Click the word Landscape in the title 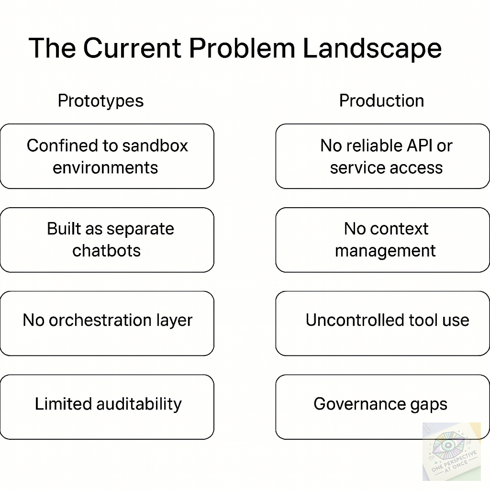pyautogui.click(x=372, y=48)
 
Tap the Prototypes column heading pyautogui.click(x=100, y=101)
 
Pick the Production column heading pyautogui.click(x=381, y=101)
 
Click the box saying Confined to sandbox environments pyautogui.click(x=107, y=156)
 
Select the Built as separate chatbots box pyautogui.click(x=107, y=240)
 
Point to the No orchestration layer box pyautogui.click(x=107, y=323)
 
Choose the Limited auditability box pyautogui.click(x=107, y=407)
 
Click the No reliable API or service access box pyautogui.click(x=382, y=156)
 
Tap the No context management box pyautogui.click(x=382, y=240)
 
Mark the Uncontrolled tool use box pyautogui.click(x=382, y=323)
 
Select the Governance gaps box pyautogui.click(x=382, y=407)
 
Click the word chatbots pyautogui.click(x=106, y=251)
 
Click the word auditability pyautogui.click(x=139, y=404)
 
